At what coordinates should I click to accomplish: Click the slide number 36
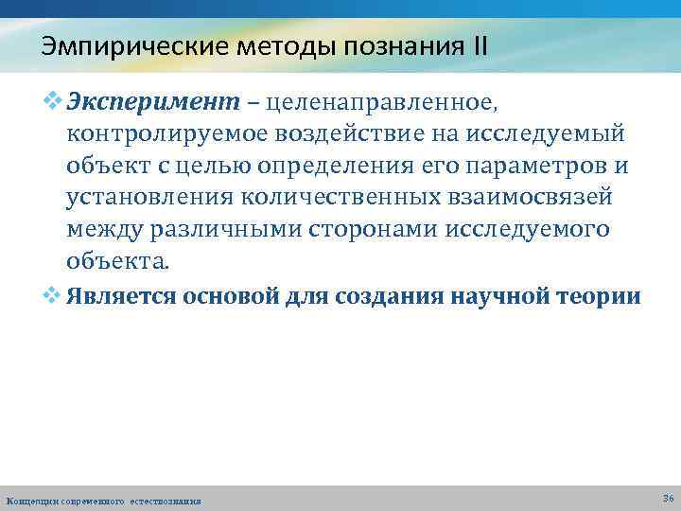point(668,498)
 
